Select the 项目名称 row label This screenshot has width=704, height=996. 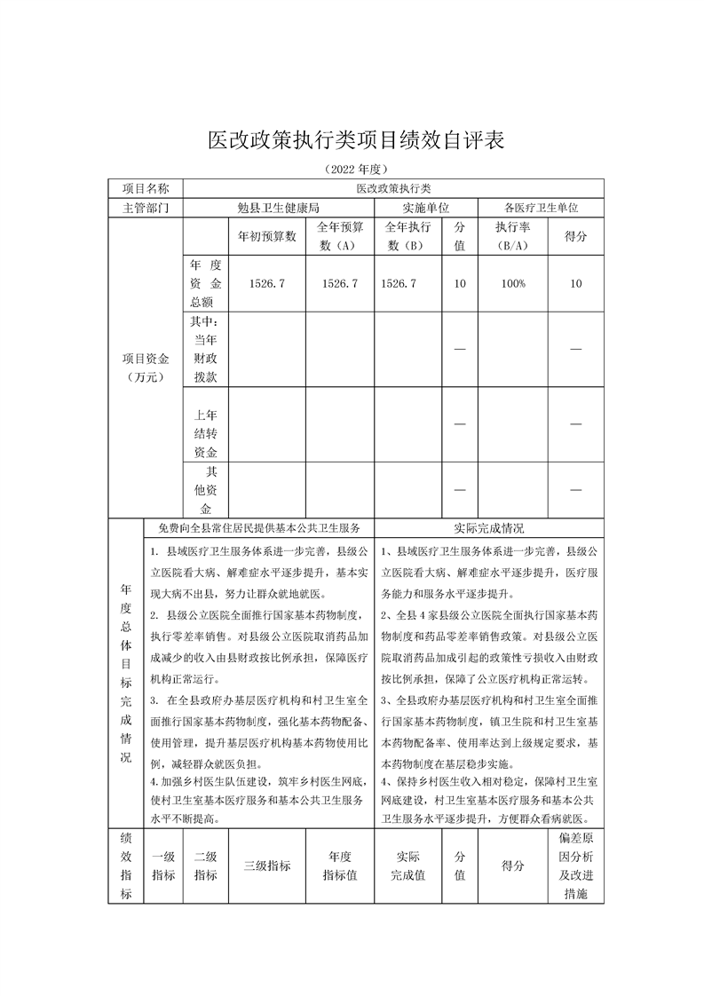[145, 188]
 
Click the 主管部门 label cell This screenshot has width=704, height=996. [145, 208]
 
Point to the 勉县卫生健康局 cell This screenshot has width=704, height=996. [278, 208]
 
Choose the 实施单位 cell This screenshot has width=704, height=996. [426, 208]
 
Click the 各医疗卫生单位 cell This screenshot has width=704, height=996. [542, 208]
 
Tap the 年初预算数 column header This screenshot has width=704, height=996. [266, 237]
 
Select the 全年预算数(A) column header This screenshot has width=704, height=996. [340, 236]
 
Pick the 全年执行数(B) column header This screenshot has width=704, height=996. [408, 236]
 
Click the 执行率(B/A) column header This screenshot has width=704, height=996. [512, 236]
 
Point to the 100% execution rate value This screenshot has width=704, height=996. [512, 283]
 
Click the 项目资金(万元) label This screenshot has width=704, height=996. [145, 368]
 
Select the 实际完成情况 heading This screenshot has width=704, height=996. [488, 527]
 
